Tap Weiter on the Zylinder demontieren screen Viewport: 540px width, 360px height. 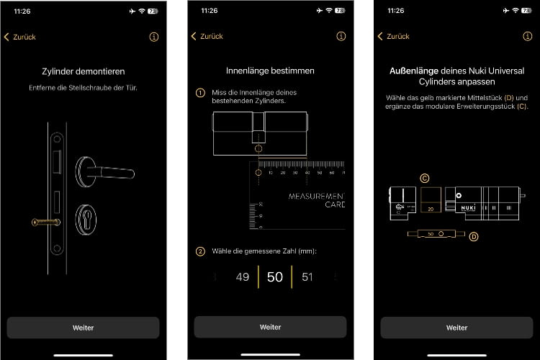coord(83,328)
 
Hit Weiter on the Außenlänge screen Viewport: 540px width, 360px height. coord(456,328)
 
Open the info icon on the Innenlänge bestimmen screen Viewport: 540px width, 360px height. coord(341,37)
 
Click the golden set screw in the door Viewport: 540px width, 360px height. coord(45,222)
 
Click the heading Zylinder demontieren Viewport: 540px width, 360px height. coord(83,71)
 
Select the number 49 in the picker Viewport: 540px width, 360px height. coord(243,277)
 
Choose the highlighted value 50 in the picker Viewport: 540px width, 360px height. coord(274,277)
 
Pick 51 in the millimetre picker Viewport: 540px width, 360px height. coord(307,277)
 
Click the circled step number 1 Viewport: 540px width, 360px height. coord(200,93)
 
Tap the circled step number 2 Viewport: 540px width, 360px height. coord(200,251)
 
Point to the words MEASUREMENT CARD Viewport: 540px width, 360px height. coord(317,200)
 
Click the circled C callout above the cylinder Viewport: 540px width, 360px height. coord(425,178)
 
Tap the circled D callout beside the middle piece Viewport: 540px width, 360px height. coord(473,236)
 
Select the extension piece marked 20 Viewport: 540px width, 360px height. coord(431,201)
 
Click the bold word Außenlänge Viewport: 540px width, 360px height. coord(410,71)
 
